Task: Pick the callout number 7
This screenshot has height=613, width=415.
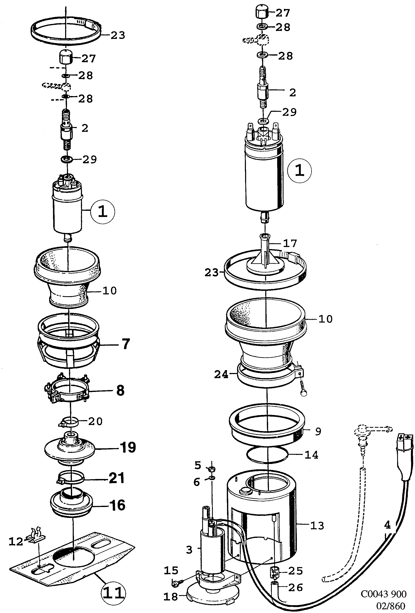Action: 126,344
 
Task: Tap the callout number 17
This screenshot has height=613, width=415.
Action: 290,243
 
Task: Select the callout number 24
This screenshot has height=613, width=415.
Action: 221,374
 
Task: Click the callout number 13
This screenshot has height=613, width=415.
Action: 317,526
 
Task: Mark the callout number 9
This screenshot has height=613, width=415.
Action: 318,431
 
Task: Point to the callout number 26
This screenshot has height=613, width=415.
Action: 295,587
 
